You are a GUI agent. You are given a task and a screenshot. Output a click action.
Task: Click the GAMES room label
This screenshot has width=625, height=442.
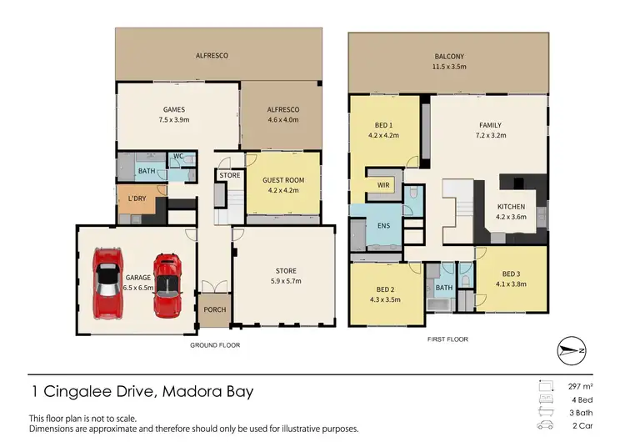coord(174,109)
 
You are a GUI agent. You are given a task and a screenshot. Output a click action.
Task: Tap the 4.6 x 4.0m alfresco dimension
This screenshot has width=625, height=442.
coord(282,120)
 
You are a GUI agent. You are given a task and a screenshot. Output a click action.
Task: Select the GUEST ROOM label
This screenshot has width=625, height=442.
coord(283,179)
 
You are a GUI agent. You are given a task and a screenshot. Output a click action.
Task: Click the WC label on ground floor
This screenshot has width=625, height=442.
coord(177,156)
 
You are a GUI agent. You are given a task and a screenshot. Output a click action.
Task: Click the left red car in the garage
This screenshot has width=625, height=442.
coord(108,280)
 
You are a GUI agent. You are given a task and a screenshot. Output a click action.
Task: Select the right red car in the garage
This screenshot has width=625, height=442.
coord(167,285)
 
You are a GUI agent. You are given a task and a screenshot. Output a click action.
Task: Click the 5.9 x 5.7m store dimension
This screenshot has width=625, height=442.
coord(286,281)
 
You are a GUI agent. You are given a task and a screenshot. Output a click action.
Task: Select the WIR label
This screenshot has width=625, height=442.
coord(384,184)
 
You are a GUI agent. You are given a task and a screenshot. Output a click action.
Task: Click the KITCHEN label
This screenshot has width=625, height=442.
coord(511,206)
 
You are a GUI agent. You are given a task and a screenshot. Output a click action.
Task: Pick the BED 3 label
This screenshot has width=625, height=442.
coord(512,274)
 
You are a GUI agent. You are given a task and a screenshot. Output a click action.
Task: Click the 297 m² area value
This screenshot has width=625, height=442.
coord(582,387)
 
